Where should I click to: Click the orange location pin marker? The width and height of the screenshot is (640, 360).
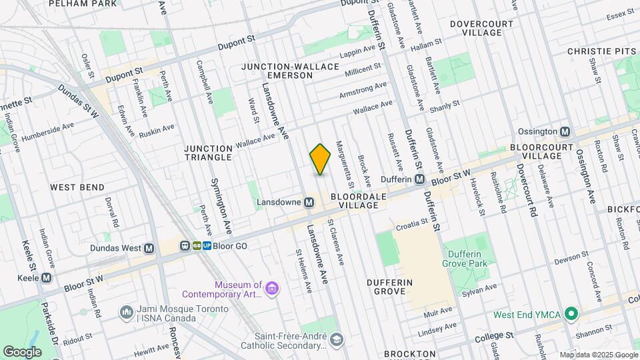click(320, 159)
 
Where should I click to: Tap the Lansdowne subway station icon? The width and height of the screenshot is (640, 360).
click(309, 202)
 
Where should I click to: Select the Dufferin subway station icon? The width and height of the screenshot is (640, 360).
click(420, 179)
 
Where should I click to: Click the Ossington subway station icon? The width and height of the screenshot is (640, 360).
click(565, 131)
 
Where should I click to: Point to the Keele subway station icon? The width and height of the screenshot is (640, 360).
click(47, 277)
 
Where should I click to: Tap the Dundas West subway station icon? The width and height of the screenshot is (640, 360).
click(149, 248)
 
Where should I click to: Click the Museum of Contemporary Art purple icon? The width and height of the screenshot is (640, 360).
click(271, 288)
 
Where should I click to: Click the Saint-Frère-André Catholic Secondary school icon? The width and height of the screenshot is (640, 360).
click(337, 341)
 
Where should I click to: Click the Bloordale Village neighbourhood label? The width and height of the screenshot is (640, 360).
click(354, 201)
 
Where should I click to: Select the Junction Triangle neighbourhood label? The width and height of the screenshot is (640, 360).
click(208, 153)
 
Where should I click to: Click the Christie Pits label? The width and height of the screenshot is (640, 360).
click(599, 51)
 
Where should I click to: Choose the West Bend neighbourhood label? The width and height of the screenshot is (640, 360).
click(77, 187)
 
